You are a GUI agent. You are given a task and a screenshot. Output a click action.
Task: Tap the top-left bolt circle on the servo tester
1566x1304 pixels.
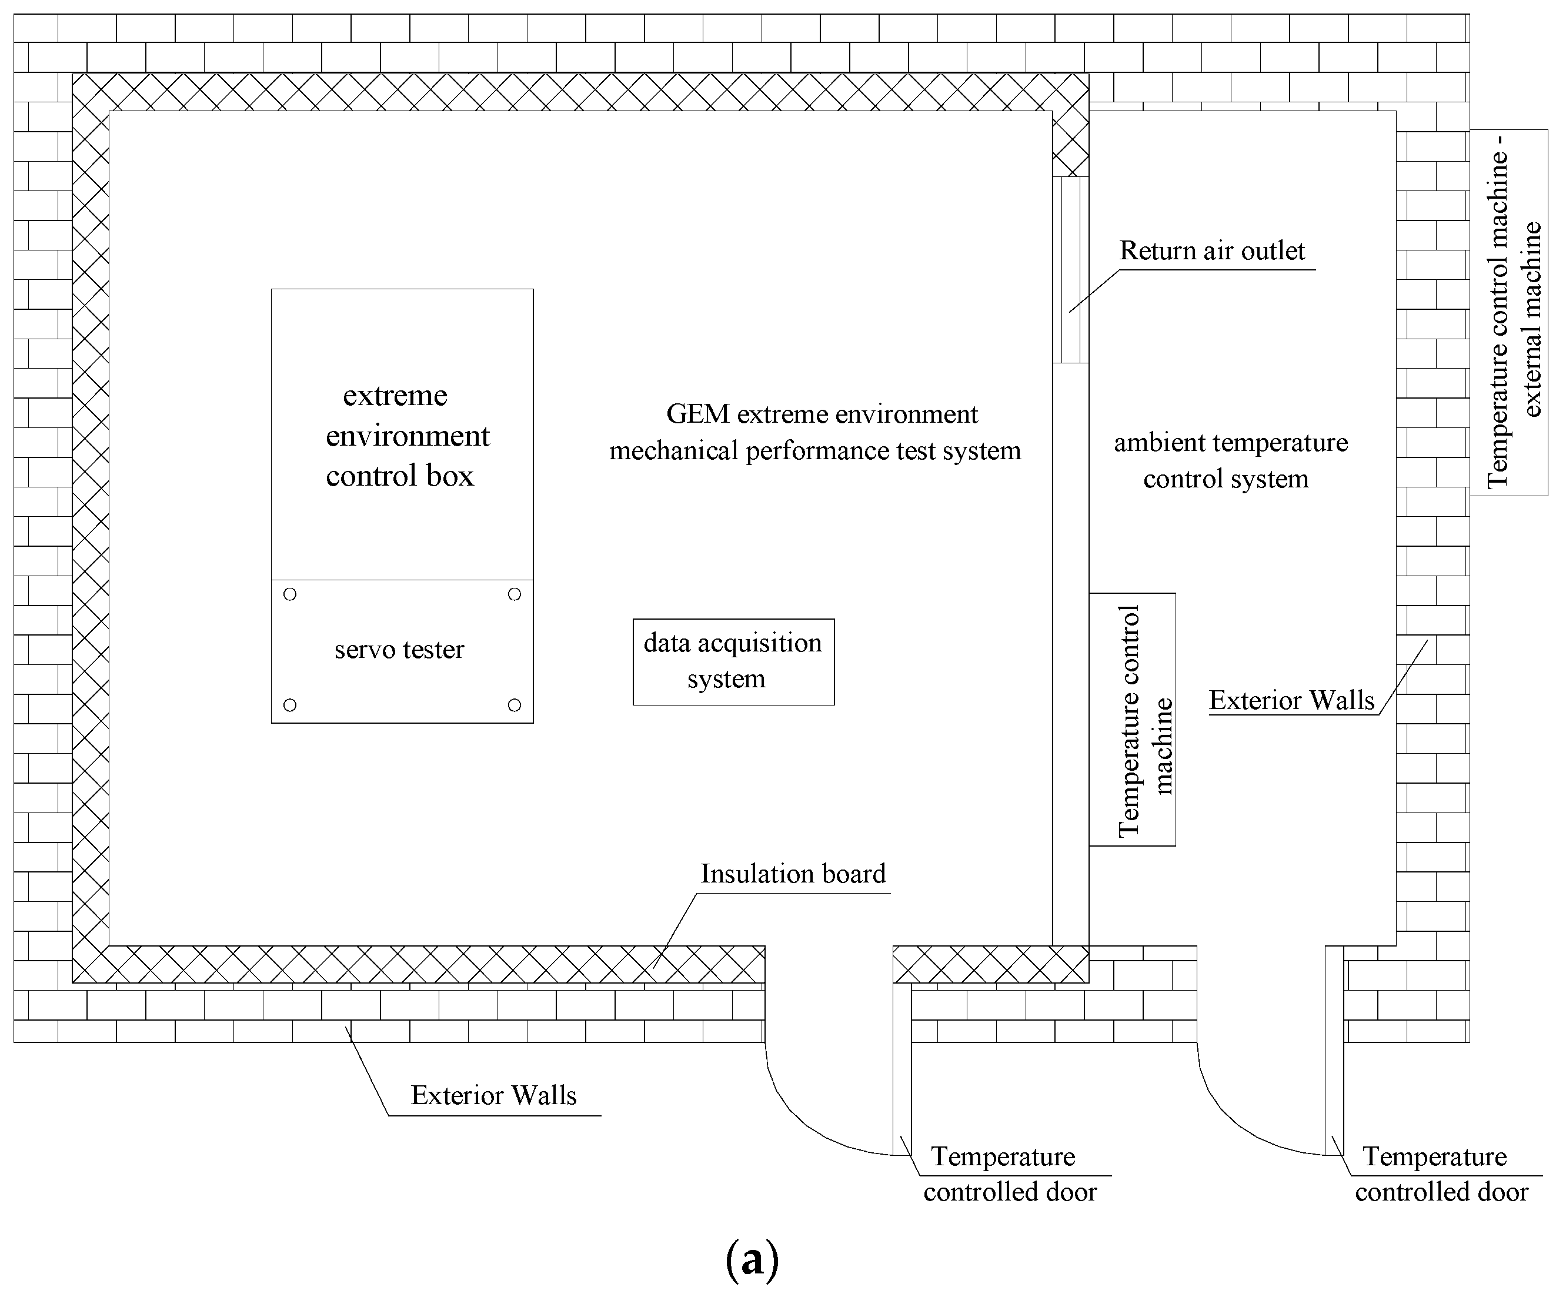[x=290, y=594]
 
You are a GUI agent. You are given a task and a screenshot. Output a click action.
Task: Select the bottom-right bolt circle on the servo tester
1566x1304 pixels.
[x=514, y=704]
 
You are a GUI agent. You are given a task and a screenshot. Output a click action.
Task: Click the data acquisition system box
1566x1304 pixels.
[x=733, y=661]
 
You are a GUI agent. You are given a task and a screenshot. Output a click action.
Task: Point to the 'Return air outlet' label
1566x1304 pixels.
[x=1212, y=251]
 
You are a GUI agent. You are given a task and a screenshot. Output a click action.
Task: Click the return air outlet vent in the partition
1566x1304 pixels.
[x=1070, y=270]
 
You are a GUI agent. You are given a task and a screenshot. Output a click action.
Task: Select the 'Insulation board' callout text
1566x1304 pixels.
[x=793, y=874]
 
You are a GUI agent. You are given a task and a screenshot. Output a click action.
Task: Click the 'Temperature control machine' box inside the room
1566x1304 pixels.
[x=1132, y=720]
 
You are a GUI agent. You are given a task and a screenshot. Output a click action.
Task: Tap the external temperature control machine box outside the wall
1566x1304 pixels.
[x=1508, y=313]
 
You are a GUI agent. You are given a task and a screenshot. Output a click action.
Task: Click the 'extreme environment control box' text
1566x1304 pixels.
[x=403, y=436]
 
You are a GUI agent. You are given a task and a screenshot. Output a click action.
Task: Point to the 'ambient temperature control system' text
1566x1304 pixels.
[x=1230, y=460]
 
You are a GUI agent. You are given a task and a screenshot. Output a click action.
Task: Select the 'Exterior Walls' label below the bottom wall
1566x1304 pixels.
[x=493, y=1095]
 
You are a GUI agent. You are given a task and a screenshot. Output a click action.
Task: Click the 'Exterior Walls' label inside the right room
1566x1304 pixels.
[x=1291, y=701]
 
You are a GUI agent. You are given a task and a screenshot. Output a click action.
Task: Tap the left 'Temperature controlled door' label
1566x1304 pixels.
[x=1009, y=1174]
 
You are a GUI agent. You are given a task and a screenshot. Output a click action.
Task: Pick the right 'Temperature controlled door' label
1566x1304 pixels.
[x=1441, y=1174]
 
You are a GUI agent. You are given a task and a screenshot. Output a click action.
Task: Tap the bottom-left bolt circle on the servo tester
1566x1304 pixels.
[x=290, y=704]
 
